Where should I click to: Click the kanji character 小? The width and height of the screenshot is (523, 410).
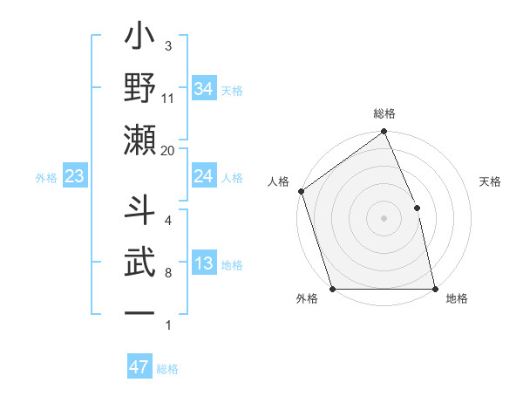140,40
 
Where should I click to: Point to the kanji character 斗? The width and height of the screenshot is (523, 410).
140,211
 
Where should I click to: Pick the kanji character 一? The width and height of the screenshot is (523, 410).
140,311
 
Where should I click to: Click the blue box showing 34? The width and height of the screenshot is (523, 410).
203,88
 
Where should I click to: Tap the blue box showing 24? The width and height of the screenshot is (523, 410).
203,177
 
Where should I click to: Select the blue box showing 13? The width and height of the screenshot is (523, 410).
203,264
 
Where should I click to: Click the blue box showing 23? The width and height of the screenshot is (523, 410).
75,177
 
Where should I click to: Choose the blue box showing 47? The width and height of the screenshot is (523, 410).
139,367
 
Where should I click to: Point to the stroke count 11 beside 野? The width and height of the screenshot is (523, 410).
168,99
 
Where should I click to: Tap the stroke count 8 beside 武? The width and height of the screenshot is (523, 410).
168,273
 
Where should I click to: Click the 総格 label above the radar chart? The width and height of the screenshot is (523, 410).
384,113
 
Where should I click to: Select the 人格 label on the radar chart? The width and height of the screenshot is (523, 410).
279,182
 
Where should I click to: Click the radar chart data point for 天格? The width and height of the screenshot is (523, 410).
417,208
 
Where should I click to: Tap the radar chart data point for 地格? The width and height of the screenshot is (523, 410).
435,289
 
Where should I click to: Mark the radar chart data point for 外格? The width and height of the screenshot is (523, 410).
332,289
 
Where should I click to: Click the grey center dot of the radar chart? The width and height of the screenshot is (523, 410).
384,217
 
